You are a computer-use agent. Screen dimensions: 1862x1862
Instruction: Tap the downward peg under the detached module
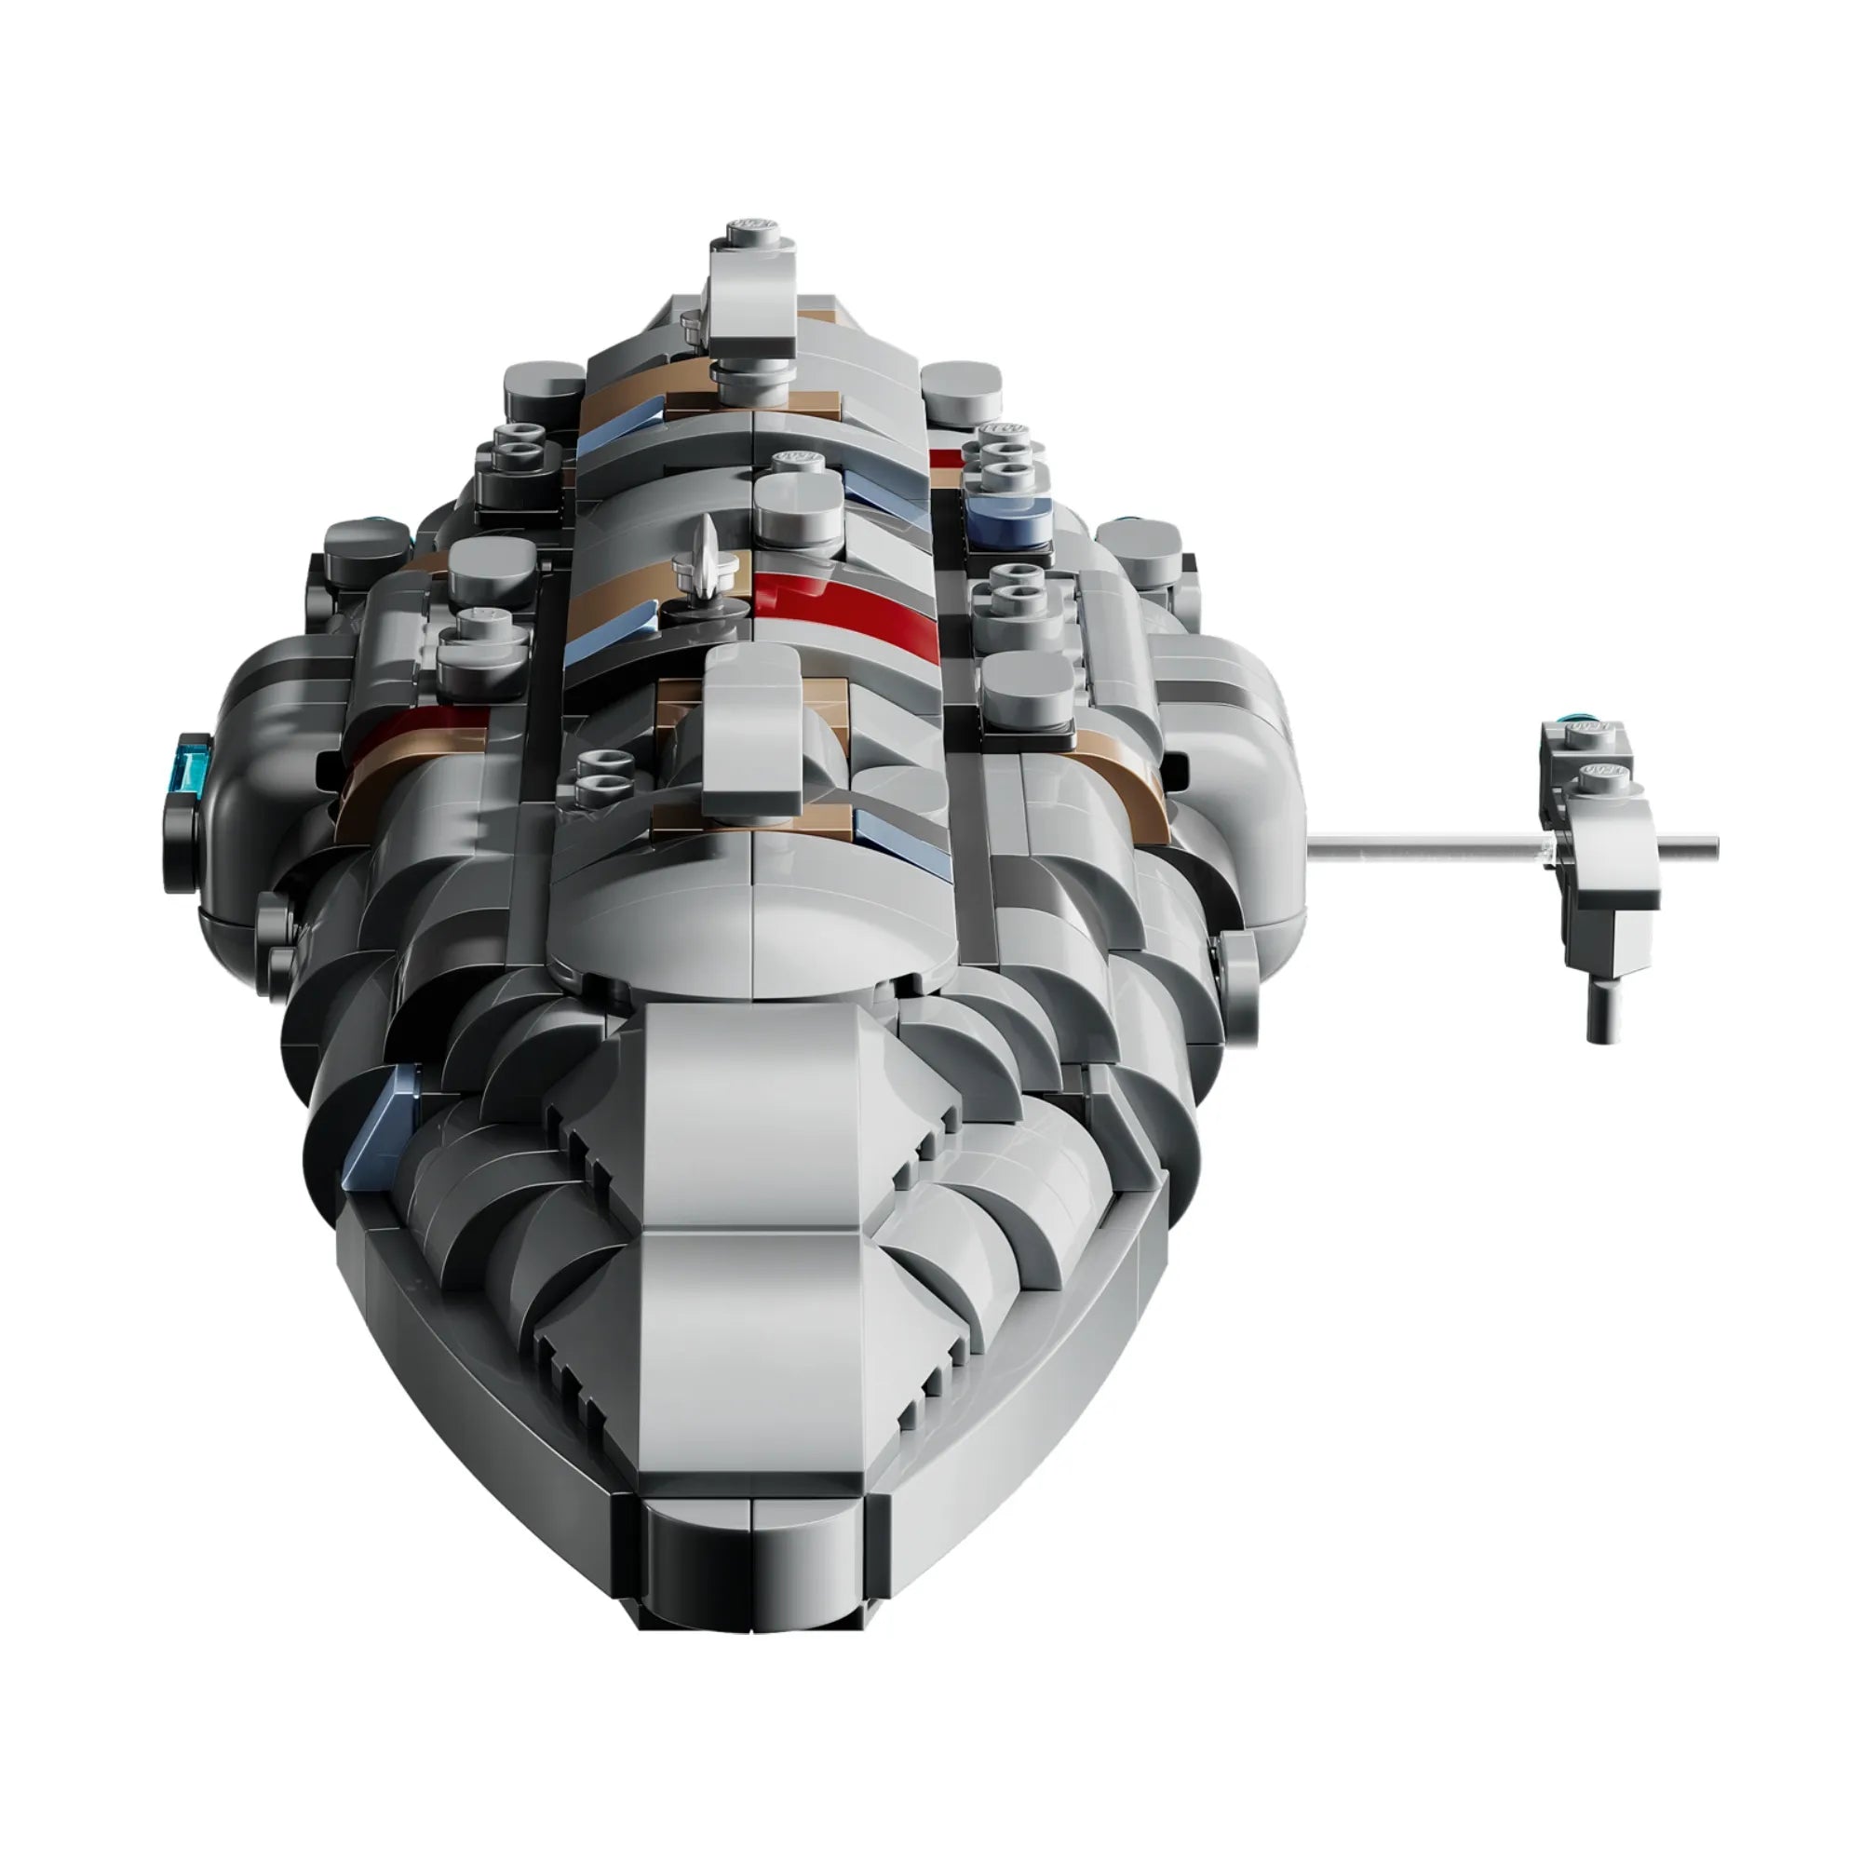(x=1600, y=1013)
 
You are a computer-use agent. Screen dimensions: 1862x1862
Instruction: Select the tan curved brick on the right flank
(x=1126, y=778)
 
